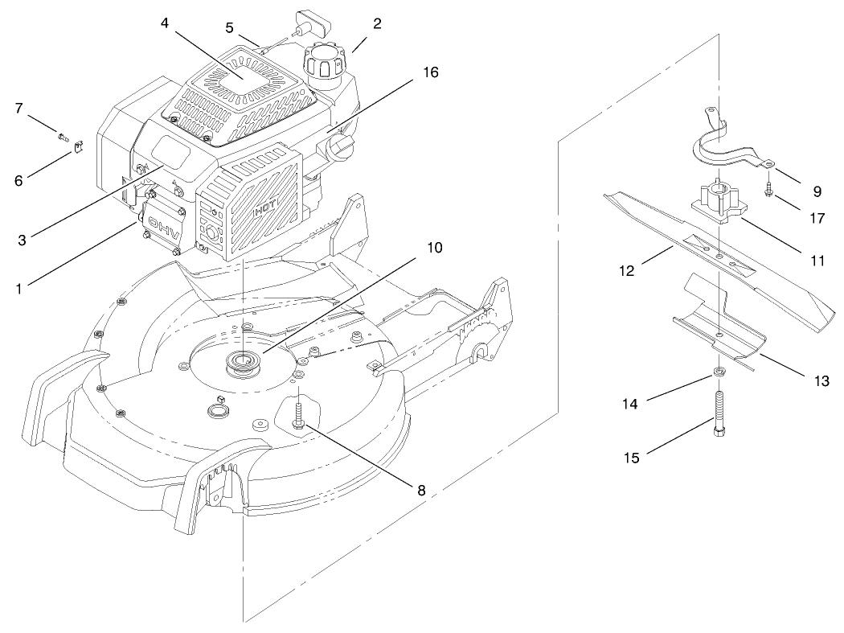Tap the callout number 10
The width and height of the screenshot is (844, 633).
[435, 248]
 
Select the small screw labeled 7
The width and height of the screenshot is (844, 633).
[63, 135]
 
